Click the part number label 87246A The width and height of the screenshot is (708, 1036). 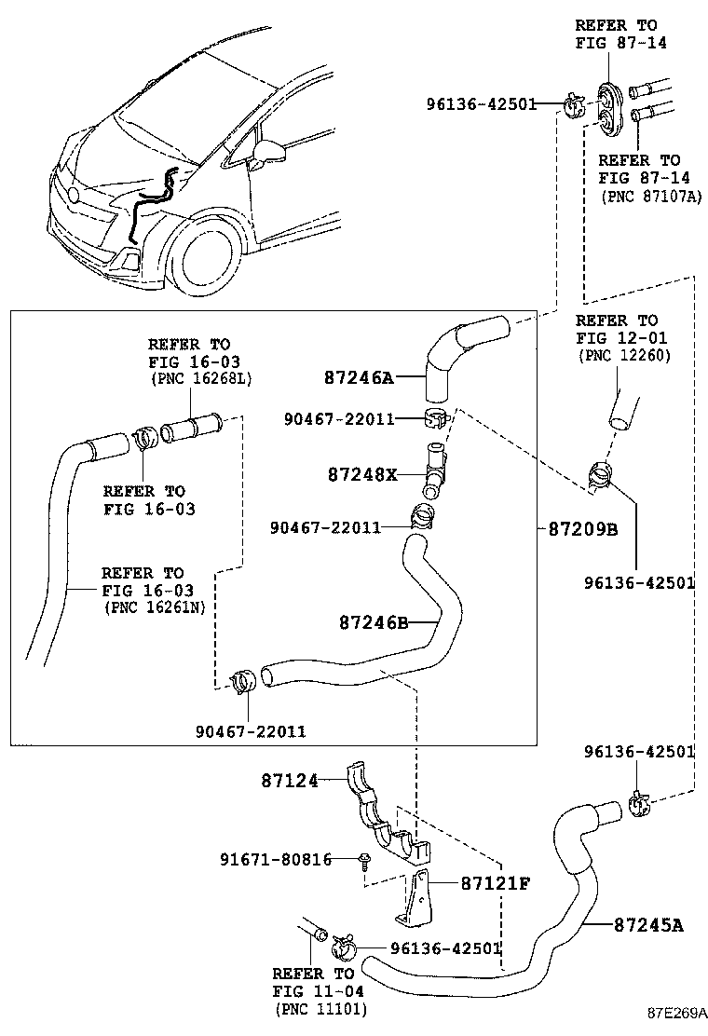coord(360,377)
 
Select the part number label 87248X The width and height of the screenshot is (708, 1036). coord(362,474)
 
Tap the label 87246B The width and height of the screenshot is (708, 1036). coord(373,621)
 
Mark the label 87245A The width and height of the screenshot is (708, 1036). coord(648,924)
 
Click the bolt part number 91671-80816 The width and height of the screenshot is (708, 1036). coord(276,859)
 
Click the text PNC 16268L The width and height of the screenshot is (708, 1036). coord(200,378)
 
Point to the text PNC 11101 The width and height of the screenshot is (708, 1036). coord(320,1009)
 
